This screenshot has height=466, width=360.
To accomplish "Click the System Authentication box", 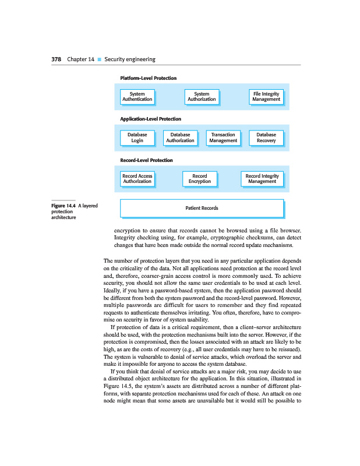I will tap(137, 96).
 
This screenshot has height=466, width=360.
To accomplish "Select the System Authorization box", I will tap(202, 96).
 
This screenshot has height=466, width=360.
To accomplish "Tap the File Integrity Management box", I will tap(266, 96).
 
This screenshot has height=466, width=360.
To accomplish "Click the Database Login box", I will tap(137, 137).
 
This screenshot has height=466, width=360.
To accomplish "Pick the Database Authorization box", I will tap(181, 137).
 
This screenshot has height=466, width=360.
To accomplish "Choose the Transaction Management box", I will tap(223, 137).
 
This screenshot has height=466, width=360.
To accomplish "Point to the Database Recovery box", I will tap(266, 137).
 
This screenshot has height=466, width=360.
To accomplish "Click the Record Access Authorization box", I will tap(137, 178).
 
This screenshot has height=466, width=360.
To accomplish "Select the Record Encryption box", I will tap(200, 178).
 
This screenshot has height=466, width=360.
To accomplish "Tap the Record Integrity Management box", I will tap(262, 178).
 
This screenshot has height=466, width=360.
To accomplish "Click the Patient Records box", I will tap(202, 208).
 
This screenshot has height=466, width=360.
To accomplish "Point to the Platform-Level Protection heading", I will tap(148, 78).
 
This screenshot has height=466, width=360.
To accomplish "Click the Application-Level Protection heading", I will tap(150, 119).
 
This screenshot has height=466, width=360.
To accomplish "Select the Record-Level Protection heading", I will tap(146, 160).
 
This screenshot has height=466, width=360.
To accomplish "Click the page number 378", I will tap(57, 59).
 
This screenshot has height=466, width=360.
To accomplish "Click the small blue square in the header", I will tap(99, 59).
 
